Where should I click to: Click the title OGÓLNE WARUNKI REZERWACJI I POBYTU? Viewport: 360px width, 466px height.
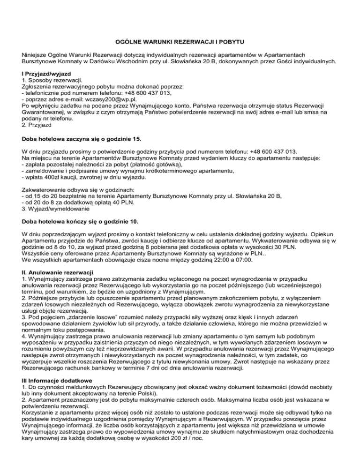(180, 43)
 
